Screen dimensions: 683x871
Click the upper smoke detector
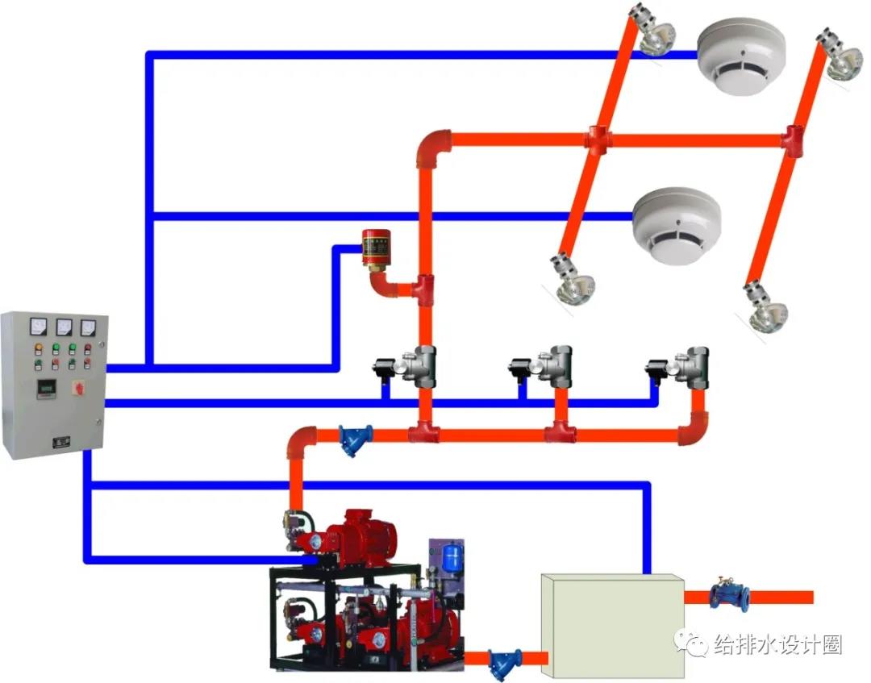point(740,56)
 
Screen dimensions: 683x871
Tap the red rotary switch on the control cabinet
point(79,387)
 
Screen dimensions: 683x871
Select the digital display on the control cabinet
point(45,388)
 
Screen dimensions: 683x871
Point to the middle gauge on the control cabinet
point(63,327)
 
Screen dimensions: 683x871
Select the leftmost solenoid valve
point(408,368)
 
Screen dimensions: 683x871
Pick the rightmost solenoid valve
point(681,367)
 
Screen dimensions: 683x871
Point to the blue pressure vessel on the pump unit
point(451,557)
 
